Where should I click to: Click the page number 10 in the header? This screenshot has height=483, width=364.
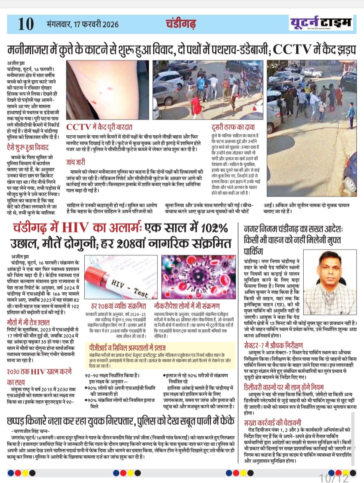coord(26,24)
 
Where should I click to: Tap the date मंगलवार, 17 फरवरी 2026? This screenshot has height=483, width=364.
coord(83,24)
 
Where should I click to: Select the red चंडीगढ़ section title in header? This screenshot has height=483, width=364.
coord(181,24)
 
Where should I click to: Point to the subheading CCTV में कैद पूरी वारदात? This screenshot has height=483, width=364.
coord(99,127)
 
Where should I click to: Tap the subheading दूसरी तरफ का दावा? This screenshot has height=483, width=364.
coord(233,127)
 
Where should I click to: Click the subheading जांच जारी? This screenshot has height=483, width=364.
coord(75,162)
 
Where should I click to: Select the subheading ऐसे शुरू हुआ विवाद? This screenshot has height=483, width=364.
coord(28,147)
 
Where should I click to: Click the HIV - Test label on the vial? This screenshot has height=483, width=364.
coord(129,288)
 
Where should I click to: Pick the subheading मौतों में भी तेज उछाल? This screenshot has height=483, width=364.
coord(28,322)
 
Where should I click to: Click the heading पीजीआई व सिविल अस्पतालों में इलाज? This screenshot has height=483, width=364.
coord(127,347)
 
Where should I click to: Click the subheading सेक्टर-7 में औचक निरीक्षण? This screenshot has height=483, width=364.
coord(273,345)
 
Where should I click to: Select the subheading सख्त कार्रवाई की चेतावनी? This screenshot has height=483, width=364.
coord(273,423)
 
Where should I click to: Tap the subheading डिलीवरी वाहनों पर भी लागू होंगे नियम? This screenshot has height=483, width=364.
coord(283,387)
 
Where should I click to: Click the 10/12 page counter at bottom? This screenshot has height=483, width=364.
coord(334,478)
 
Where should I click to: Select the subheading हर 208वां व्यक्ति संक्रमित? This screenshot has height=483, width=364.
coord(119,306)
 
